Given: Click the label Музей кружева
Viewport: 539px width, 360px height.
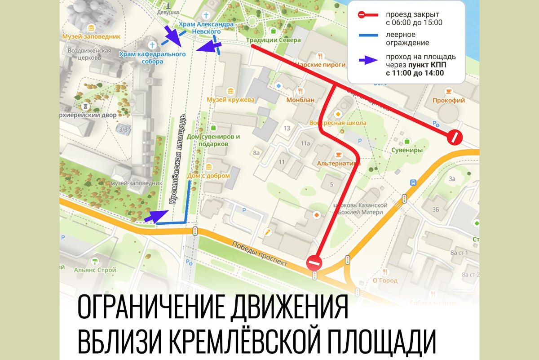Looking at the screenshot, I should [x=230, y=99].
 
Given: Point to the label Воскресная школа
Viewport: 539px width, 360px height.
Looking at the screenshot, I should [x=338, y=123].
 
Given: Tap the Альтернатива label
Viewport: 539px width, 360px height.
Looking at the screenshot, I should [x=339, y=164].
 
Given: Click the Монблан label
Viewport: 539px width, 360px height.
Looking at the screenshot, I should [x=300, y=99].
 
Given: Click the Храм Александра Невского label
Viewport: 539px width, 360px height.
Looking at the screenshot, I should [x=206, y=28].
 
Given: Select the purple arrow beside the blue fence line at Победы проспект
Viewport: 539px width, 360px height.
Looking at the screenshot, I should [x=155, y=217].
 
